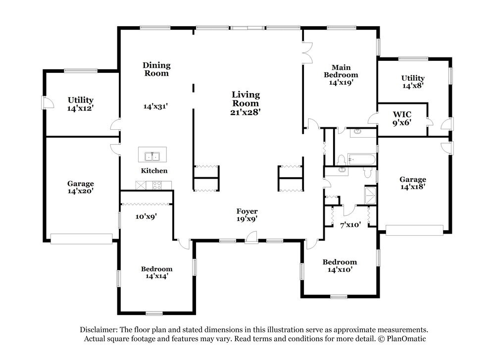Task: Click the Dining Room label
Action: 156,69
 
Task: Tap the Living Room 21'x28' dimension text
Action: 246,112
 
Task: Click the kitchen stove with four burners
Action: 157,185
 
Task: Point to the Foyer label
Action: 247,211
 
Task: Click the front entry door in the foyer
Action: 251,237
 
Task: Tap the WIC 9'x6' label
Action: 402,118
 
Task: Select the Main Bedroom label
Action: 341,71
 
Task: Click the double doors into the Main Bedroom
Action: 307,52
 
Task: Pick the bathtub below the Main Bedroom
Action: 361,160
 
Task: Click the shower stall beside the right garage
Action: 370,196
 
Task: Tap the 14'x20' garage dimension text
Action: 81,191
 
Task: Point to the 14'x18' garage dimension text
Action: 413,187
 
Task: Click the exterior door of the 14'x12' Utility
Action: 48,103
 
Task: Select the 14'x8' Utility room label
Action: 413,82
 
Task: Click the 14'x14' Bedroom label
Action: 156,272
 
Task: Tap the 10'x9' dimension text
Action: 146,216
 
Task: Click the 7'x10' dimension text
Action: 350,224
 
